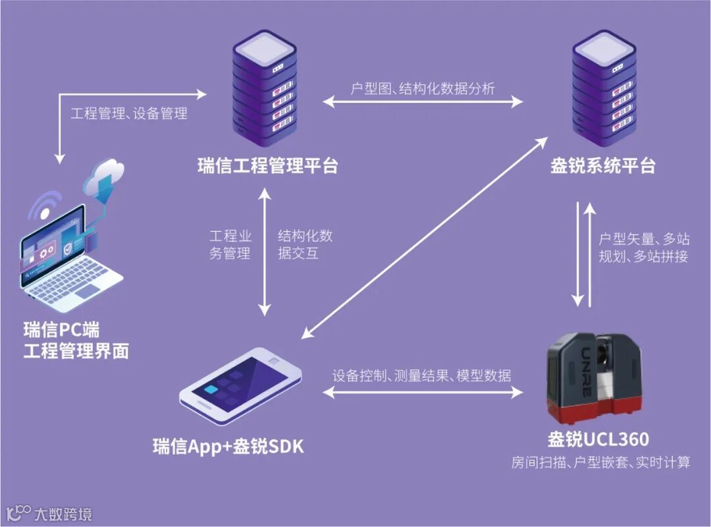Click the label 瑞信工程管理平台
pyautogui.click(x=267, y=165)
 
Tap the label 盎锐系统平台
pyautogui.click(x=603, y=165)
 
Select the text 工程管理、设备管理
pyautogui.click(x=129, y=113)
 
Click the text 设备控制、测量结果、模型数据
pyautogui.click(x=422, y=376)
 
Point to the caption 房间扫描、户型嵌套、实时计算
pyautogui.click(x=601, y=462)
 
